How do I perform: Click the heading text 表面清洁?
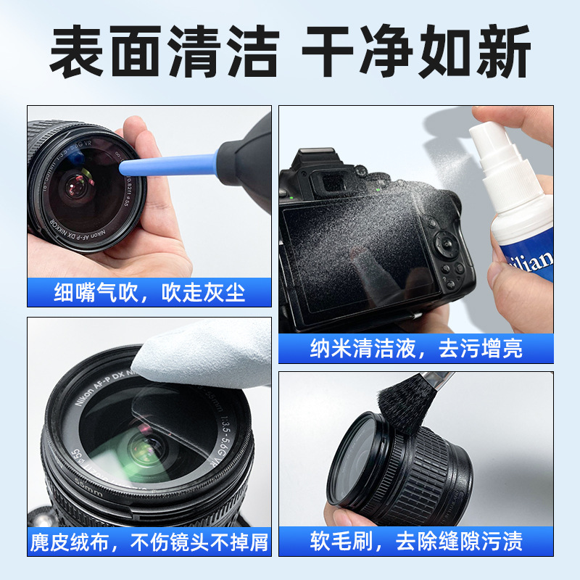164,52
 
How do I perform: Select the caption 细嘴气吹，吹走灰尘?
150,292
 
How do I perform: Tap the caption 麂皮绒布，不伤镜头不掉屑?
150,541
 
